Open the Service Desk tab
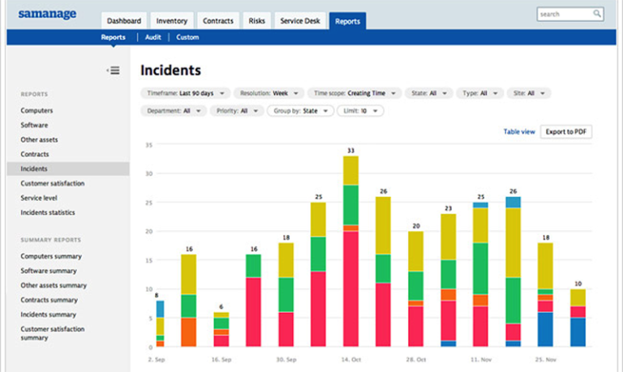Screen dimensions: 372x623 [x=301, y=21]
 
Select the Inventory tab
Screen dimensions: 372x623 [x=171, y=21]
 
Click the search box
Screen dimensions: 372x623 [x=569, y=14]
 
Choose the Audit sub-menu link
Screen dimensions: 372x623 [x=153, y=37]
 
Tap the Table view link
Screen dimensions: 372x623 [x=519, y=131]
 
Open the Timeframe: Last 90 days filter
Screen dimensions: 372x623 [x=185, y=93]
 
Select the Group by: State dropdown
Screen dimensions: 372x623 [x=300, y=111]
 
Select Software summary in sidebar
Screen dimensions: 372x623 [x=49, y=271]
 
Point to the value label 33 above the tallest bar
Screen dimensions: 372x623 [x=350, y=150]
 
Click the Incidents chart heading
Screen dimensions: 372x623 [x=170, y=71]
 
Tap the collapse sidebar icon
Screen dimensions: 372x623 [x=114, y=71]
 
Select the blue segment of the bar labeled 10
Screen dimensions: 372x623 [x=578, y=332]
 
